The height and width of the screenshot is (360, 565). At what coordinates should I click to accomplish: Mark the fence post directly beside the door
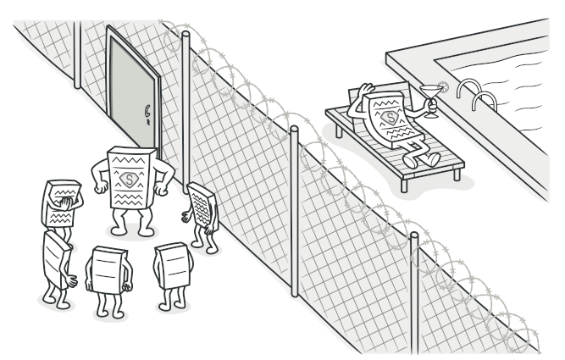point(185,110)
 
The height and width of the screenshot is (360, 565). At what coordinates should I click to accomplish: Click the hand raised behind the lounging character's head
point(364,89)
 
